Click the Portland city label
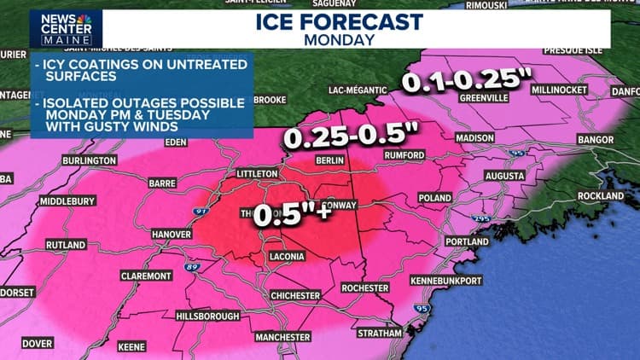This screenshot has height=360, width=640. click(467, 242)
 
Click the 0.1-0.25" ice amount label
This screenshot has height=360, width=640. click(463, 82)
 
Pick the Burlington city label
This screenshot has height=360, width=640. click(89, 160)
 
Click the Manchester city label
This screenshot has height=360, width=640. click(282, 337)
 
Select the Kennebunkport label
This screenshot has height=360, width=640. click(470, 280)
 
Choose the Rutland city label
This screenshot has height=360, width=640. click(66, 245)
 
